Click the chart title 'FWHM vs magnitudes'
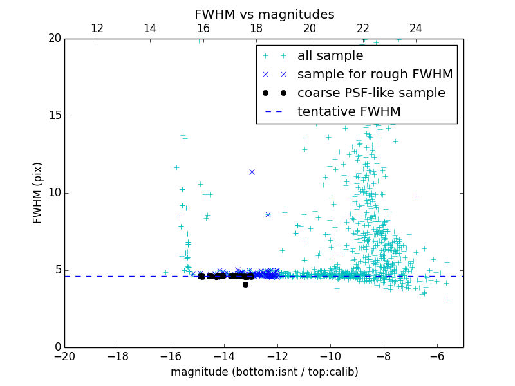[x=264, y=14]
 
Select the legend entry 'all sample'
[x=330, y=56]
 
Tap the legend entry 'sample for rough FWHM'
[x=375, y=75]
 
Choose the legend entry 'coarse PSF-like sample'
[x=371, y=93]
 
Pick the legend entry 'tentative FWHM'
[x=348, y=112]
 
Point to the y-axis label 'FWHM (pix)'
[x=38, y=193]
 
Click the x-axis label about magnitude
[x=264, y=372]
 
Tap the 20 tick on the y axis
[x=54, y=39]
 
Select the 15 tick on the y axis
[x=54, y=116]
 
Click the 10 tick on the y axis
[x=54, y=193]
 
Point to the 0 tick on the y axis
[x=57, y=347]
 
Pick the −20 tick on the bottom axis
[x=64, y=356]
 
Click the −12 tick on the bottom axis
[x=277, y=356]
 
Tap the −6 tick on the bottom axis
[x=437, y=356]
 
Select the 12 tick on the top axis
[x=97, y=28]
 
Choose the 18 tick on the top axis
[x=256, y=28]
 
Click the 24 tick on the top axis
[x=416, y=28]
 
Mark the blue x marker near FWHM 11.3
[x=252, y=172]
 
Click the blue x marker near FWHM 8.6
[x=268, y=214]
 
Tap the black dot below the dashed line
[x=245, y=284]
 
